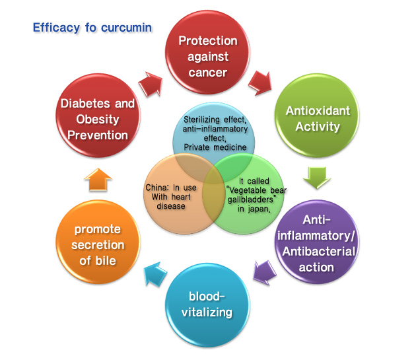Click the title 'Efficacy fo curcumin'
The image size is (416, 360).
tap(92, 28)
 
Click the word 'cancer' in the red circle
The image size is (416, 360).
tap(208, 73)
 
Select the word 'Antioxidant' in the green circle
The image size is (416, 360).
tap(318, 111)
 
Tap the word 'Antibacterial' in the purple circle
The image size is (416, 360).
tap(319, 252)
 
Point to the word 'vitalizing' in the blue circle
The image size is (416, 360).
tap(207, 312)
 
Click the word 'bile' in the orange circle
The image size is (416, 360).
tap(106, 261)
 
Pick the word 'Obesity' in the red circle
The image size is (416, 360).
tap(98, 120)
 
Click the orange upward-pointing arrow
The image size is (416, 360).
tap(98, 180)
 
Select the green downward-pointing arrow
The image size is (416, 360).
tap(317, 178)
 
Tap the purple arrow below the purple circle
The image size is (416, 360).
tap(265, 273)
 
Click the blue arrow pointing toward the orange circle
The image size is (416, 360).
tap(155, 274)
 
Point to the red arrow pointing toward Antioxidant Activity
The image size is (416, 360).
tap(260, 83)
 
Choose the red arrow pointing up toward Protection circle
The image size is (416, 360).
tap(150, 84)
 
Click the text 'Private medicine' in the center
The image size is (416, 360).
tap(215, 147)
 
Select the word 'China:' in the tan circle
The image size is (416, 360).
tap(156, 188)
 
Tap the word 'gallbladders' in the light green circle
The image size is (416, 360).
tap(250, 199)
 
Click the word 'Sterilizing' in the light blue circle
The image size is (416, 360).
tap(201, 120)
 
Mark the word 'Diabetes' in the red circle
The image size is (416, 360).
tap(85, 104)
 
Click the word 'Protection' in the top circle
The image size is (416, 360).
tap(208, 41)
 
